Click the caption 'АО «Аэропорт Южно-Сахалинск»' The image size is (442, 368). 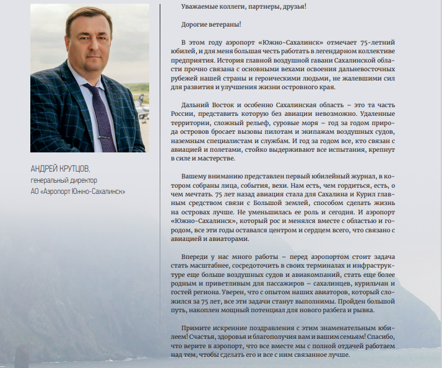[x=78, y=191]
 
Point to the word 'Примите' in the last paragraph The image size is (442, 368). [x=196, y=328]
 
